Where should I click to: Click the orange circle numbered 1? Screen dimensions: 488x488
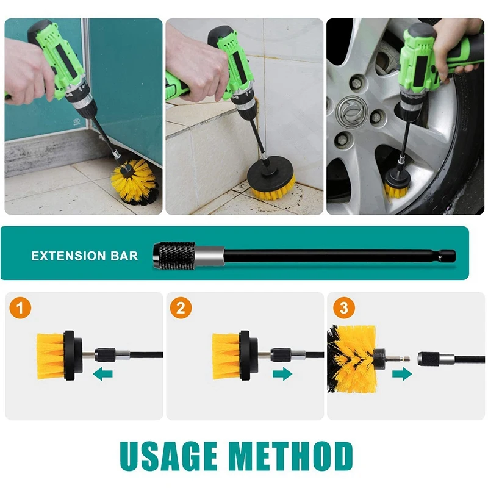pyautogui.click(x=21, y=309)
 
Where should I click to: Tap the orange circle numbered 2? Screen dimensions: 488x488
pyautogui.click(x=181, y=309)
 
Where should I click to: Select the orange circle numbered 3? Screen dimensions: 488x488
pyautogui.click(x=344, y=309)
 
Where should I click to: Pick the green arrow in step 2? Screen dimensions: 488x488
pyautogui.click(x=282, y=374)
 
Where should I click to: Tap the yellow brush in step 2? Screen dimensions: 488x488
pyautogui.click(x=226, y=356)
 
